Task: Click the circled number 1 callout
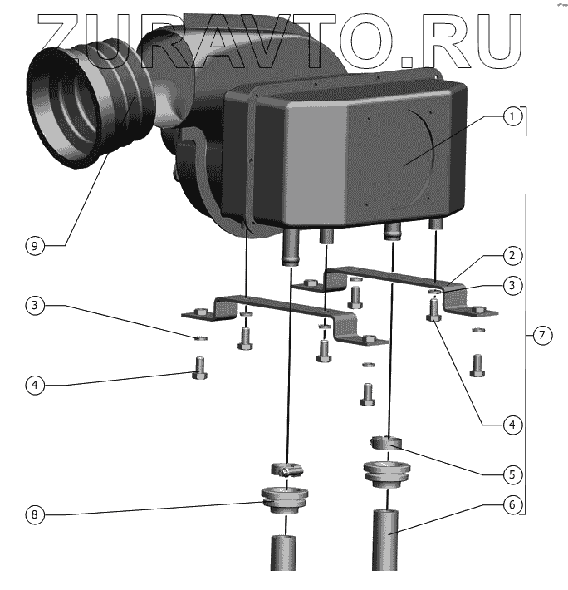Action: [513, 117]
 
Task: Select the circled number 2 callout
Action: [513, 254]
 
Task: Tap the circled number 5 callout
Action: [513, 474]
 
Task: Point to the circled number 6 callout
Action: [513, 504]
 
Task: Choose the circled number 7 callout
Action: [541, 336]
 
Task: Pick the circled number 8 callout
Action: [33, 515]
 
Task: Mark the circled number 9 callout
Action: [33, 247]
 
